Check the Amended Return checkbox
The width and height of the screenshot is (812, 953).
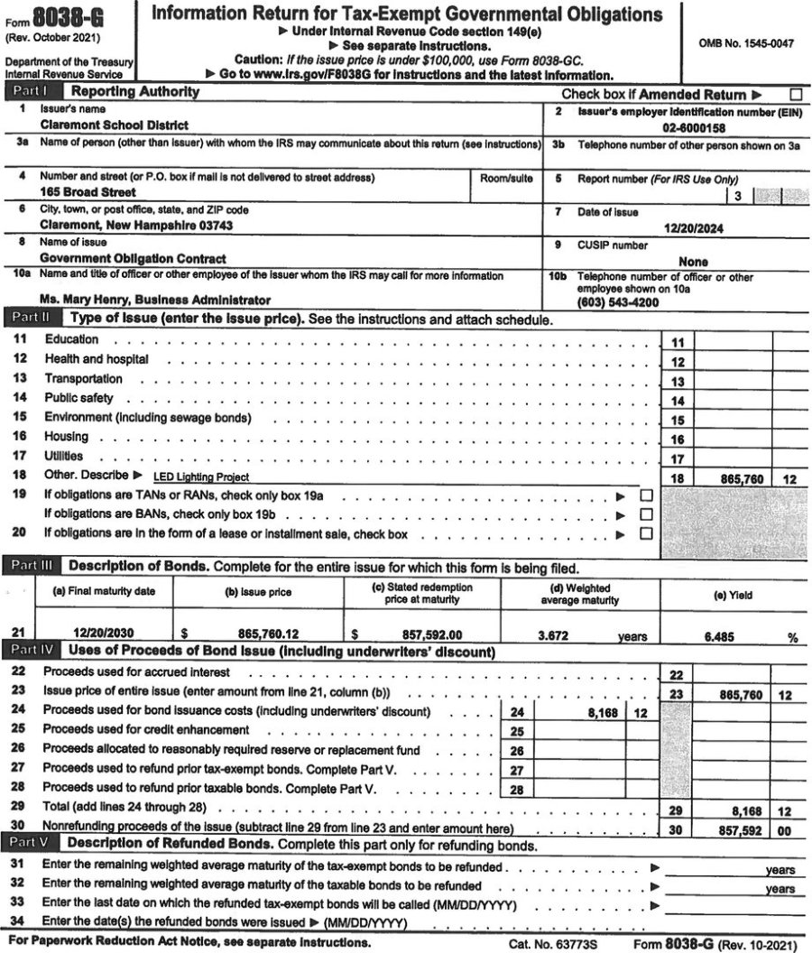[x=795, y=94]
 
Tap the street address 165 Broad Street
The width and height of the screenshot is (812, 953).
[x=88, y=192]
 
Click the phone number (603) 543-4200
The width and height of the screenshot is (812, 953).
[x=618, y=303]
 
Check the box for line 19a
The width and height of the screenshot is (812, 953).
[x=645, y=495]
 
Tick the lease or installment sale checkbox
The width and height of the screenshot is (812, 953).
[x=645, y=533]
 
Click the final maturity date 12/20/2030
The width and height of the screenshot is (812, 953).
[x=104, y=634]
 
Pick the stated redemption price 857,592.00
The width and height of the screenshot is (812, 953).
[x=423, y=634]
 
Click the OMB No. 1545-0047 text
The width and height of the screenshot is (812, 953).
[x=746, y=44]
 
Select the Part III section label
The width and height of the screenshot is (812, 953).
[x=33, y=567]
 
